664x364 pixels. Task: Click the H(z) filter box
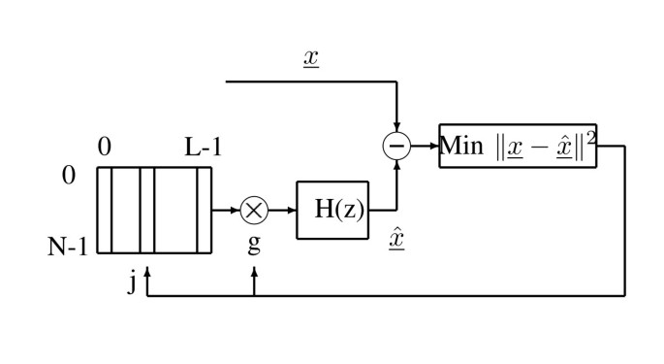point(332,209)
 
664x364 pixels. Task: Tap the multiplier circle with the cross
point(255,209)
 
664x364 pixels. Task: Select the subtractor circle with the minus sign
point(397,147)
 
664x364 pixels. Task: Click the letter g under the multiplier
point(254,243)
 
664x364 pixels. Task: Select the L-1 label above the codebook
point(205,148)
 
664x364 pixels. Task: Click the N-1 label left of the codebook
point(68,247)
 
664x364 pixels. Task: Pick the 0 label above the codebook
point(105,148)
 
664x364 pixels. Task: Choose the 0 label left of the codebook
point(68,177)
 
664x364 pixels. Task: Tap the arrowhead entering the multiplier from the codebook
point(237,209)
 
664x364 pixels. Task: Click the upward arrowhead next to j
point(146,276)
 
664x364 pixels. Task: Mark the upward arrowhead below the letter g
point(254,276)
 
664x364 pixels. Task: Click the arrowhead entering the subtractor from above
point(397,130)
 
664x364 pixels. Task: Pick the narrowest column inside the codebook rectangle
point(204,210)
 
